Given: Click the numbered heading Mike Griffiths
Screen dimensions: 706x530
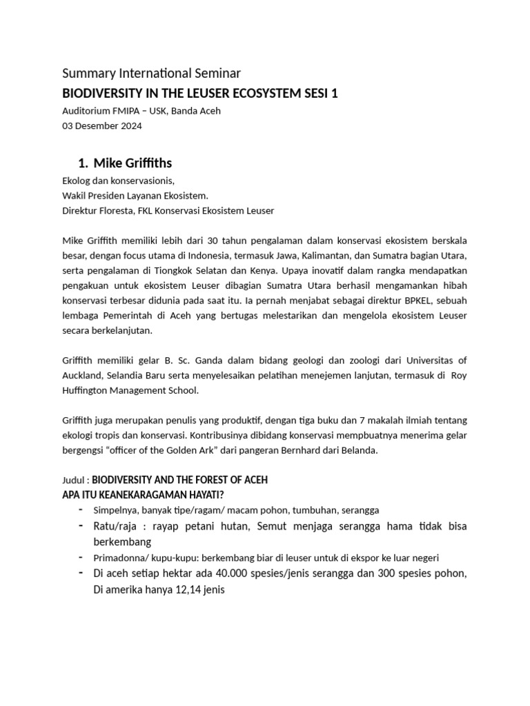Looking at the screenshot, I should pos(132,163).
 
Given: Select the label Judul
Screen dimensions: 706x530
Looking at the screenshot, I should pos(75,480).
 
